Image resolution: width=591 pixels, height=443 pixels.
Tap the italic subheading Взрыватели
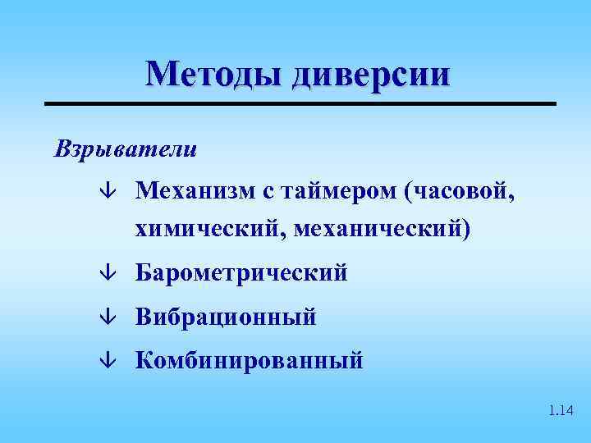click(125, 149)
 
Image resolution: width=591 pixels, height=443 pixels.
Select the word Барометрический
click(241, 272)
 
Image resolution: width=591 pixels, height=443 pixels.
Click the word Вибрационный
click(226, 317)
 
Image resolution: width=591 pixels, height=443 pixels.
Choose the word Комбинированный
click(249, 359)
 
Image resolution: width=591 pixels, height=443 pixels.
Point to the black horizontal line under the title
click(300, 103)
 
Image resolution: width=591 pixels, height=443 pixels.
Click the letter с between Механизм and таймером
click(268, 193)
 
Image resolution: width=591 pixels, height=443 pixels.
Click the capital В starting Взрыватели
click(62, 149)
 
